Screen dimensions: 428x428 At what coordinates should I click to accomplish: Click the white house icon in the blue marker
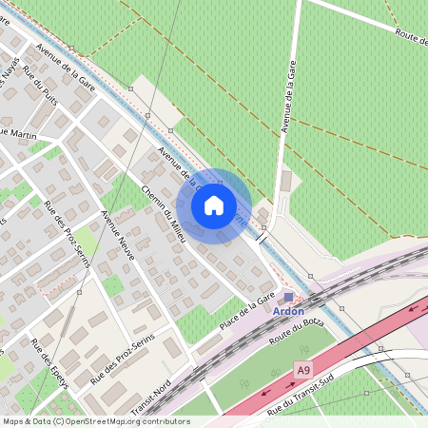tap(214, 205)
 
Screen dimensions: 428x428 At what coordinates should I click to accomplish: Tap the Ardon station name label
tap(288, 311)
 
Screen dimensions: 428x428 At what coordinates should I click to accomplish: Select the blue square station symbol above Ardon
tap(289, 298)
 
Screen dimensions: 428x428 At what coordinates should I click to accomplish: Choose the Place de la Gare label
tap(246, 314)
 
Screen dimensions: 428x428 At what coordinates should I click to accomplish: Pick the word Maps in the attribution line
tap(13, 421)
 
